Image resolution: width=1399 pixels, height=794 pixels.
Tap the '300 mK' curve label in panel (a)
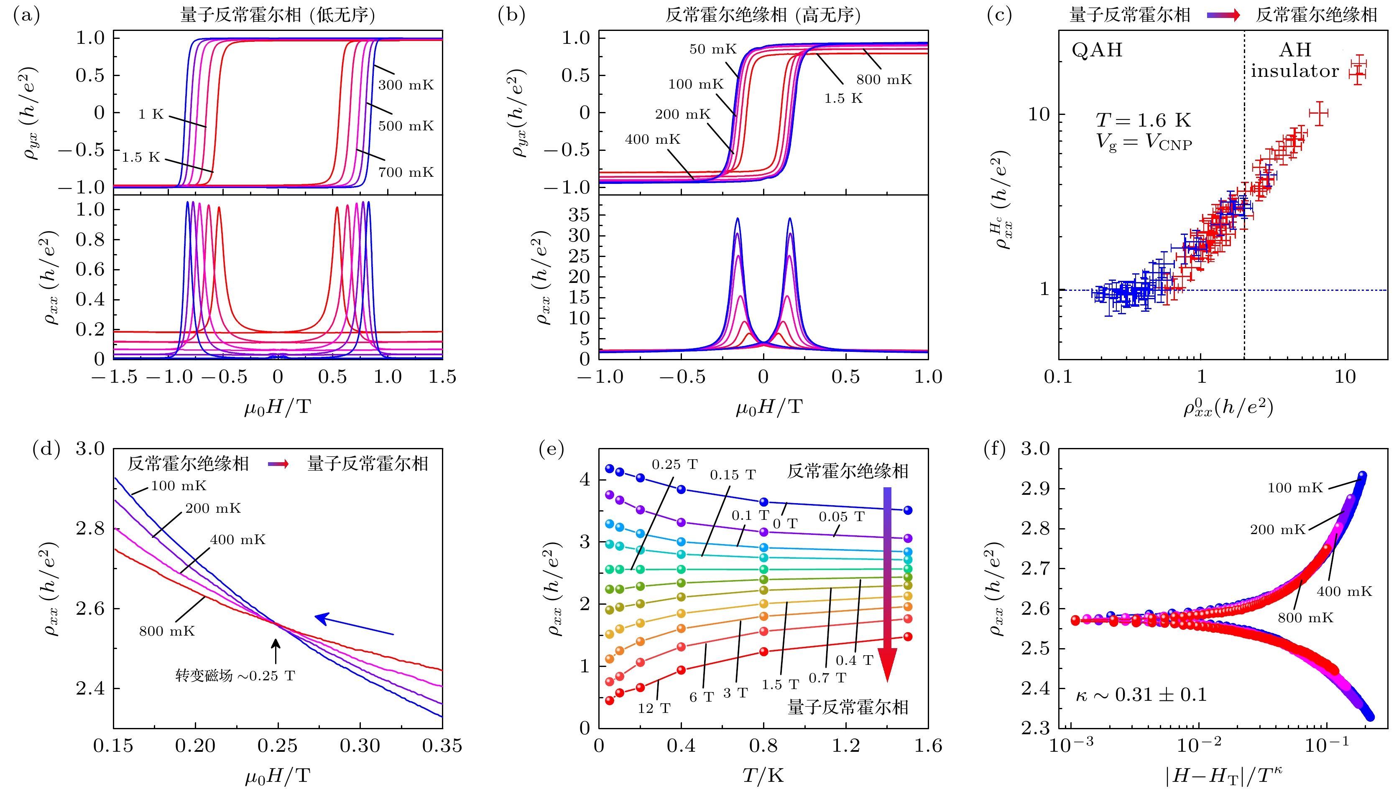click(x=406, y=85)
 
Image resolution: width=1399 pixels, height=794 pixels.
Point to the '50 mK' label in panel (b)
click(x=712, y=49)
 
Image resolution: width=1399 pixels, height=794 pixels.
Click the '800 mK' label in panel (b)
click(x=883, y=80)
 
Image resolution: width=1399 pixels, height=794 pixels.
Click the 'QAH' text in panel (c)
click(x=1097, y=50)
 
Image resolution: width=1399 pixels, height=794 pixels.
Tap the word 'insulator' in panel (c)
click(x=1294, y=71)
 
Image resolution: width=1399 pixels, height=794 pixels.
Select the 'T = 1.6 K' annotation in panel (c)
click(x=1143, y=120)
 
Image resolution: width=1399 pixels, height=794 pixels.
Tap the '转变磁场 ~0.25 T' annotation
click(x=235, y=676)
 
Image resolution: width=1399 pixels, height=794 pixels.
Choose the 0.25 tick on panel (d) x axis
click(x=278, y=746)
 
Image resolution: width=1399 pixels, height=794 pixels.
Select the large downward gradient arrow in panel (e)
click(x=887, y=583)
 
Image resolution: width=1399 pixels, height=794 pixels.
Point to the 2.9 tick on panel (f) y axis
click(x=1035, y=489)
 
